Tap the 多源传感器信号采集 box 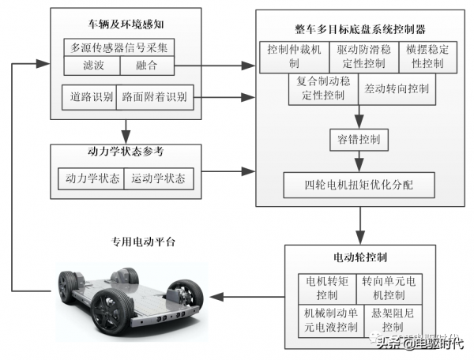(118, 47)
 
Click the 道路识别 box (88, 97)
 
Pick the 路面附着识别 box (155, 97)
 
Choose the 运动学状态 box (159, 179)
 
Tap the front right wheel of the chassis (186, 299)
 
